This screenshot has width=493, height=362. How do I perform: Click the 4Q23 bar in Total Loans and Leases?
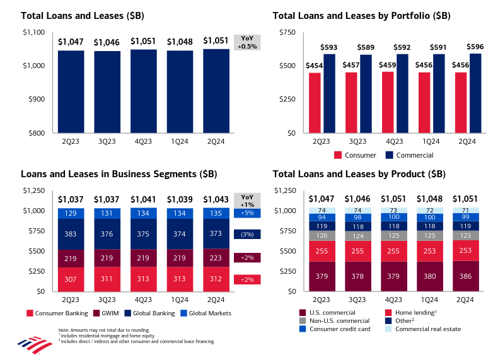pyautogui.click(x=144, y=91)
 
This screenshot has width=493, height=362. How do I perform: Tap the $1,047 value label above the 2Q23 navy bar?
pyautogui.click(x=70, y=42)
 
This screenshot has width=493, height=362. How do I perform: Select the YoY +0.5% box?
pyautogui.click(x=246, y=42)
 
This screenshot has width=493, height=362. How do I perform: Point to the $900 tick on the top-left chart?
pyautogui.click(x=35, y=100)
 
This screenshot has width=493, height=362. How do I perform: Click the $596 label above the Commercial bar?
pyautogui.click(x=476, y=46)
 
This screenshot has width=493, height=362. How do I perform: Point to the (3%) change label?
pyautogui.click(x=246, y=234)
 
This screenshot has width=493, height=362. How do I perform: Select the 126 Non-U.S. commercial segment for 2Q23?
pyautogui.click(x=322, y=236)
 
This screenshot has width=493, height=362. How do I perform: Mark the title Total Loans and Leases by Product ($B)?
pyautogui.click(x=359, y=173)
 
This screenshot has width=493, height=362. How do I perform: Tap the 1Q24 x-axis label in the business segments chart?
pyautogui.click(x=180, y=300)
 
